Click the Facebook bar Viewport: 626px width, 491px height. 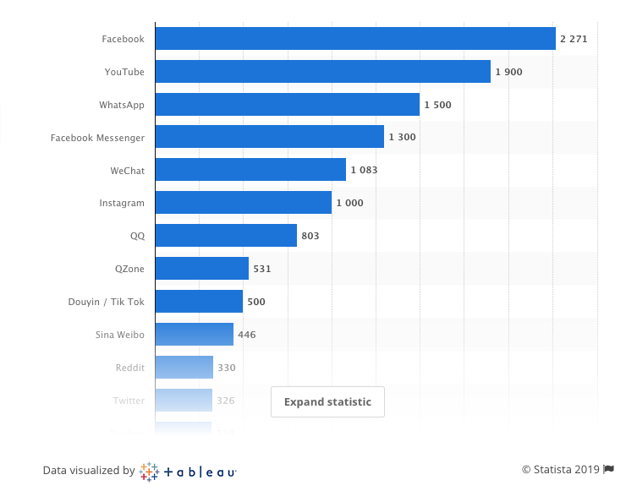(355, 39)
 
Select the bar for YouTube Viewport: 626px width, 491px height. (322, 72)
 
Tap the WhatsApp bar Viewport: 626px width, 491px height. (287, 105)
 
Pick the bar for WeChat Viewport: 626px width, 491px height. (250, 170)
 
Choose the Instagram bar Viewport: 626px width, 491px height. (243, 203)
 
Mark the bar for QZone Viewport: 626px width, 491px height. (201, 269)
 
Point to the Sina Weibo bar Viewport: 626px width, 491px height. (194, 335)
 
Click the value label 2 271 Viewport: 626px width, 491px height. (573, 39)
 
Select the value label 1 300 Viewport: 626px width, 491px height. (402, 138)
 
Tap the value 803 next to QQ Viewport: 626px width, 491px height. (310, 236)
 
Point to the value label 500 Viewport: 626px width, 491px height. (255, 302)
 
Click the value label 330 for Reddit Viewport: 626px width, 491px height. (226, 368)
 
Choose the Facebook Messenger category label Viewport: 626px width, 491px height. (97, 138)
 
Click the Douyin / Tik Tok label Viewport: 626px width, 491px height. (107, 302)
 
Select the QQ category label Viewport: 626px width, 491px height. (137, 236)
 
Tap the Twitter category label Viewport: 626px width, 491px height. (129, 401)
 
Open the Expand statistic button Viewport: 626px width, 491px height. (327, 402)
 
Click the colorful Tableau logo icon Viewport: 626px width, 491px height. (149, 472)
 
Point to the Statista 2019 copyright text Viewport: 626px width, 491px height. (560, 470)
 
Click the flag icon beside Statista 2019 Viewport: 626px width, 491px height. (607, 470)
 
